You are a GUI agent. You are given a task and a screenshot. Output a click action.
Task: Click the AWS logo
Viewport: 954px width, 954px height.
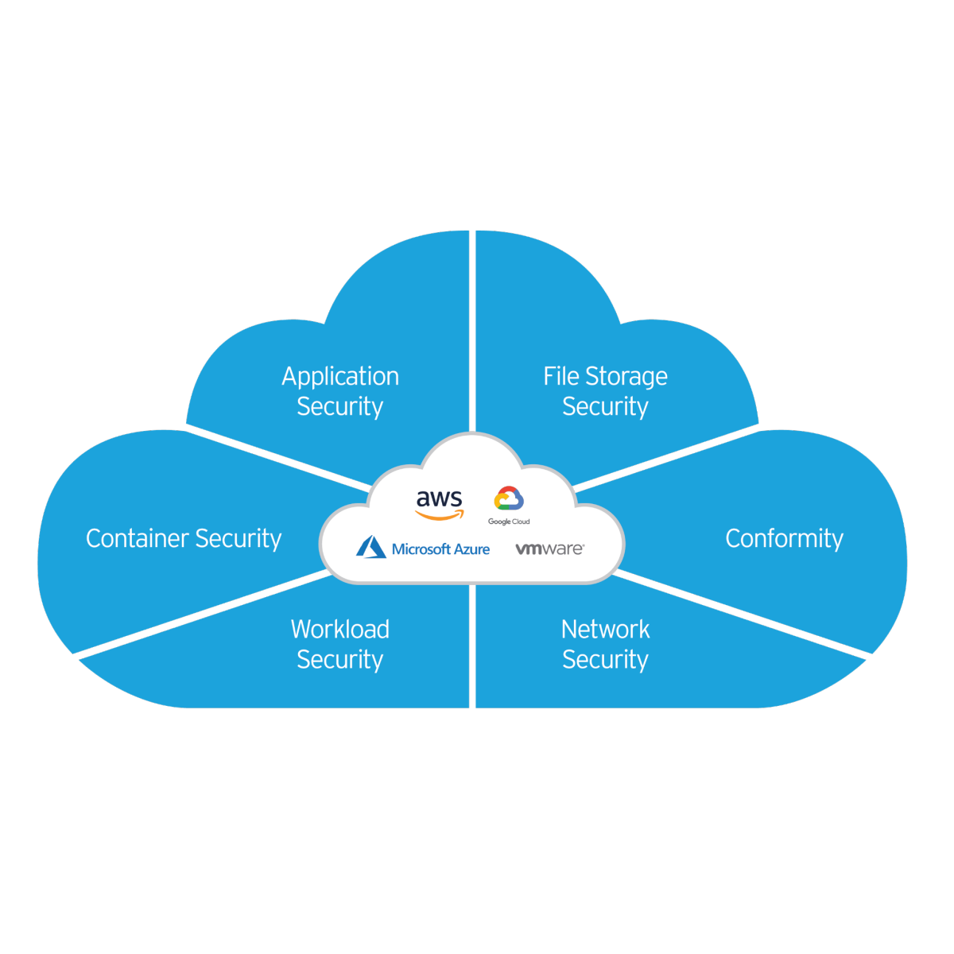pyautogui.click(x=439, y=504)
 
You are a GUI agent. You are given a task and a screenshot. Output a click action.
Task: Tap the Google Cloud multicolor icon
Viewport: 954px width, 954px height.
pyautogui.click(x=509, y=498)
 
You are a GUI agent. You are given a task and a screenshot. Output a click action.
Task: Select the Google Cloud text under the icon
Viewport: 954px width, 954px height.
pyautogui.click(x=509, y=522)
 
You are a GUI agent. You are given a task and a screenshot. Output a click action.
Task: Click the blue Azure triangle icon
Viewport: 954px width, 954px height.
pyautogui.click(x=371, y=547)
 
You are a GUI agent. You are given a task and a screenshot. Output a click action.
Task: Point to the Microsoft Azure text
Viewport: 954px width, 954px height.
pyautogui.click(x=440, y=549)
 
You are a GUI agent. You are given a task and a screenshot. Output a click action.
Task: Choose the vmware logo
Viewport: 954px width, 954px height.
pyautogui.click(x=549, y=549)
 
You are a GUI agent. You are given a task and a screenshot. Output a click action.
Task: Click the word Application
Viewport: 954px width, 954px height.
pyautogui.click(x=340, y=377)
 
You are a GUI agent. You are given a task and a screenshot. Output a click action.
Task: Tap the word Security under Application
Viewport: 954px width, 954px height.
pyautogui.click(x=340, y=406)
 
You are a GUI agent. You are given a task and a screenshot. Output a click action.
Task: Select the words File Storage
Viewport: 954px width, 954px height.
pyautogui.click(x=605, y=376)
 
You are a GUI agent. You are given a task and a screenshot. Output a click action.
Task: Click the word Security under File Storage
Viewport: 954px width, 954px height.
pyautogui.click(x=605, y=406)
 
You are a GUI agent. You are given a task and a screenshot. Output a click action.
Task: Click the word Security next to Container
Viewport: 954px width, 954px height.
pyautogui.click(x=238, y=539)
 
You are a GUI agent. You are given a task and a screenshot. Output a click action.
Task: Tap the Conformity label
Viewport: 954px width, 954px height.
pyautogui.click(x=784, y=539)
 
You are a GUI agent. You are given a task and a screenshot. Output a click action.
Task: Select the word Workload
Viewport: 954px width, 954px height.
pyautogui.click(x=340, y=629)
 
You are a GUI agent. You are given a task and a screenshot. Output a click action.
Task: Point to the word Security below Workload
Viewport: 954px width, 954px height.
pyautogui.click(x=340, y=659)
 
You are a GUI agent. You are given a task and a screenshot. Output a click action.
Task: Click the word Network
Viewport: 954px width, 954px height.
pyautogui.click(x=605, y=629)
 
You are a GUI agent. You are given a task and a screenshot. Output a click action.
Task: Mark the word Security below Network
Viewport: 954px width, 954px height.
pyautogui.click(x=605, y=659)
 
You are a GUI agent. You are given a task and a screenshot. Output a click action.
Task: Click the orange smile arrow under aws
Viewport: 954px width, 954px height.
pyautogui.click(x=440, y=516)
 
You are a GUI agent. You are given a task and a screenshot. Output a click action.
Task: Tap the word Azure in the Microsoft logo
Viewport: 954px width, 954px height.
pyautogui.click(x=470, y=549)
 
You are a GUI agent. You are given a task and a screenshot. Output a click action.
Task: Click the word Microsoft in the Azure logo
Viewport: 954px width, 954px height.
pyautogui.click(x=421, y=549)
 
